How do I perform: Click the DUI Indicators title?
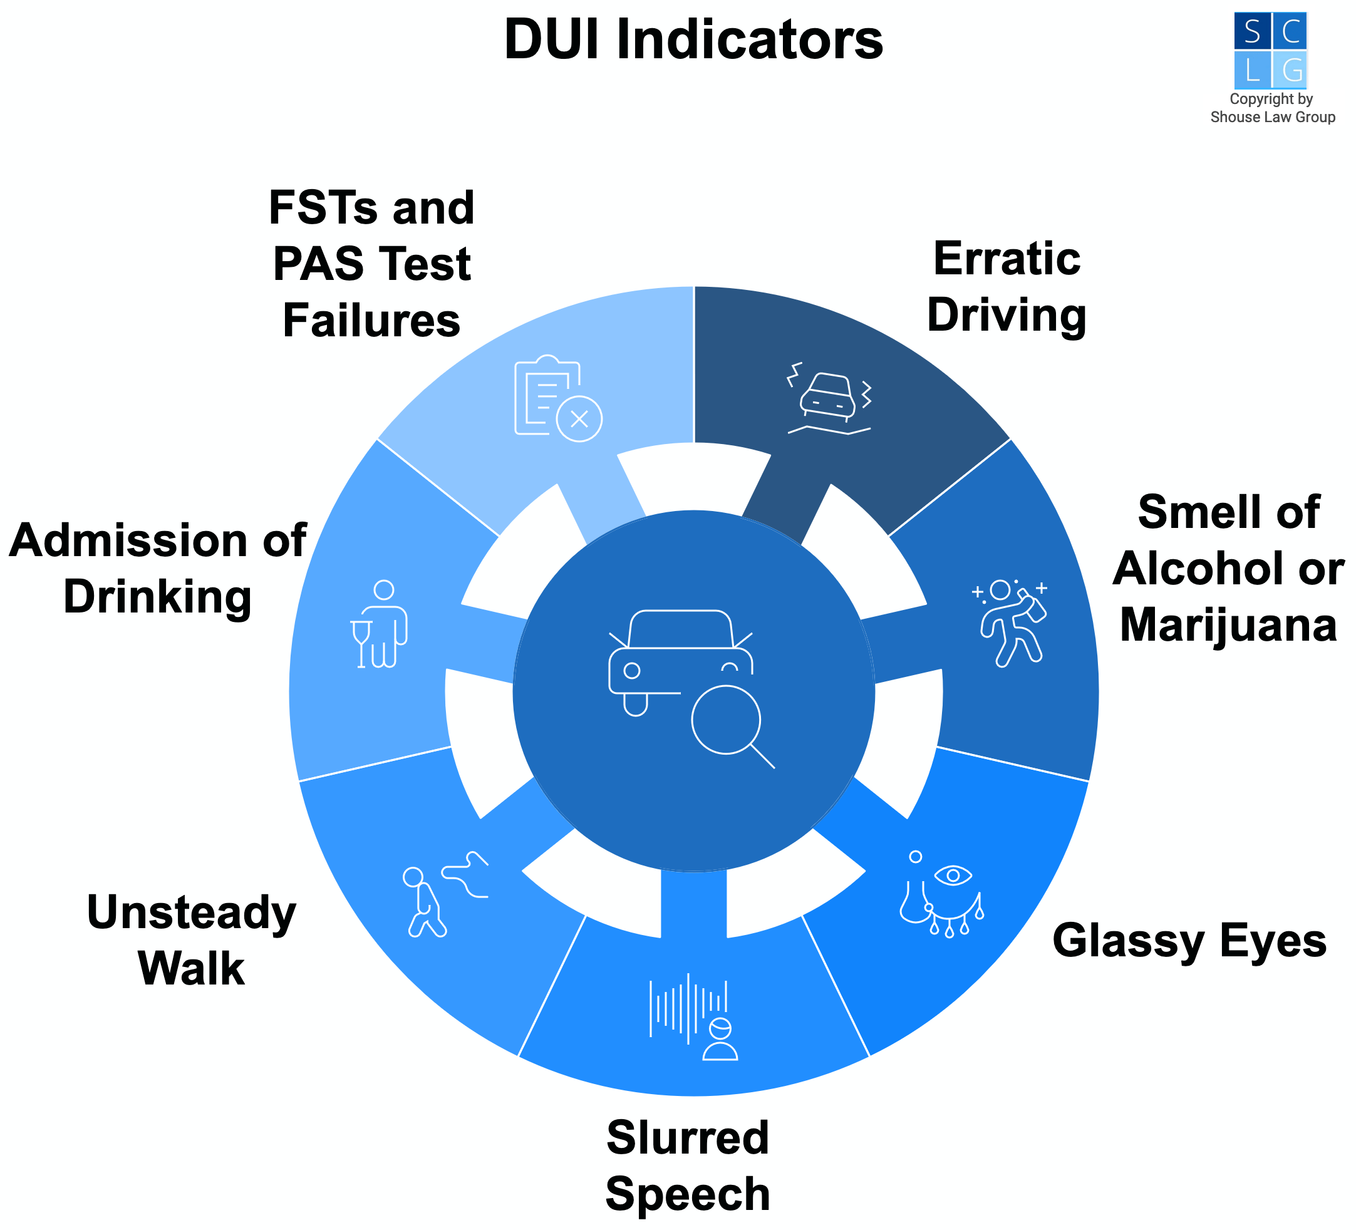[x=693, y=40]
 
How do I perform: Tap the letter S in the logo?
[x=1252, y=31]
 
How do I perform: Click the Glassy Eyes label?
[x=1189, y=941]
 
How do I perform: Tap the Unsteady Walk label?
[x=192, y=941]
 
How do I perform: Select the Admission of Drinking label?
[x=157, y=568]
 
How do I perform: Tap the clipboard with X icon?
[x=557, y=398]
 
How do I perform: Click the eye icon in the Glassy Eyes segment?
[x=953, y=875]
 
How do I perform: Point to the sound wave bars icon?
[x=688, y=1008]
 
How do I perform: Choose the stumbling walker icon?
[x=426, y=901]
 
